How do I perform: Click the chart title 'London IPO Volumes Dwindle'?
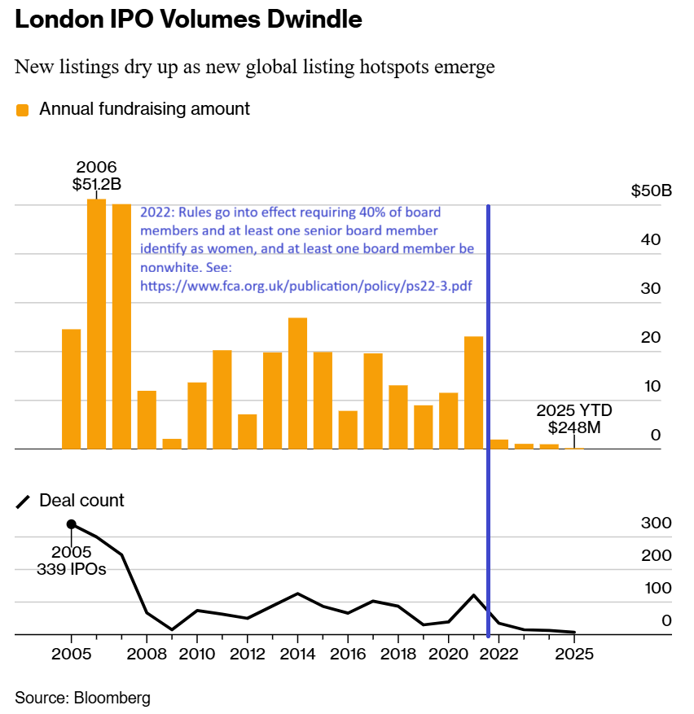click(x=188, y=21)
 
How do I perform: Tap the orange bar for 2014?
click(x=298, y=383)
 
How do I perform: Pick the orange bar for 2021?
click(x=473, y=392)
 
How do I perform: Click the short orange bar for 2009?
click(x=172, y=444)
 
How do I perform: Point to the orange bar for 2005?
click(x=72, y=389)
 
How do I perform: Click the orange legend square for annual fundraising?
click(x=23, y=110)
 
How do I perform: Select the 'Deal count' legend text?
click(x=81, y=501)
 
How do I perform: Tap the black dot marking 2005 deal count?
click(x=72, y=525)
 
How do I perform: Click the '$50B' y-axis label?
click(x=651, y=192)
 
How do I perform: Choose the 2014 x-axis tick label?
click(x=297, y=655)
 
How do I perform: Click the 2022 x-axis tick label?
click(x=499, y=655)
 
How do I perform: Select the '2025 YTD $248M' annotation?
click(x=573, y=418)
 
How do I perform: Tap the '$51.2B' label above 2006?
click(x=96, y=184)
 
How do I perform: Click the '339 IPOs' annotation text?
click(x=72, y=569)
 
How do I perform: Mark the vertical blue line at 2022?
click(x=488, y=407)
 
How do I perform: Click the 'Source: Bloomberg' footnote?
click(x=82, y=698)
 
